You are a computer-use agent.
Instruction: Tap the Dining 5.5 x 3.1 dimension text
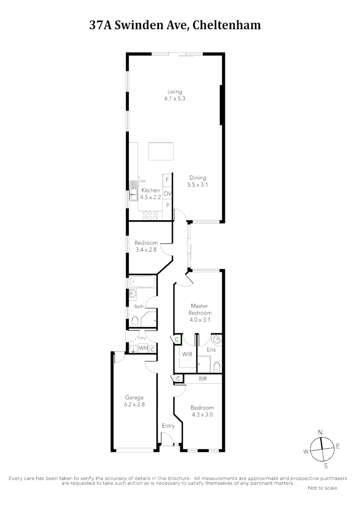pos(198,185)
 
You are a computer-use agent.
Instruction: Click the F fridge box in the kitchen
pos(167,180)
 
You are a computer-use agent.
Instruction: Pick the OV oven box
pos(167,193)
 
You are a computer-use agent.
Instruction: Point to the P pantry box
pos(167,206)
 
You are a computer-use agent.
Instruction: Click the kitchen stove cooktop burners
pos(150,215)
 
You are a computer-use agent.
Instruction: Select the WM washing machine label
pos(143,349)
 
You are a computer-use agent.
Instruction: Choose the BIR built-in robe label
pos(203,378)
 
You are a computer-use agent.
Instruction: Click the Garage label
pos(134,397)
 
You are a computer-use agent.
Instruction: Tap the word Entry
pos(168,426)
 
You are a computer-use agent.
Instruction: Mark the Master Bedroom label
pos(200,310)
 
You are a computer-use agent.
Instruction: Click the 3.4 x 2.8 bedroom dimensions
pos(146,250)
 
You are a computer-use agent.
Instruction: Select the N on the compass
pos(320,432)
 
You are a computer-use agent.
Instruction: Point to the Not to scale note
pos(322,488)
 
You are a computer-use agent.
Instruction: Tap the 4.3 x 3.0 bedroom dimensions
pos(203,415)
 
